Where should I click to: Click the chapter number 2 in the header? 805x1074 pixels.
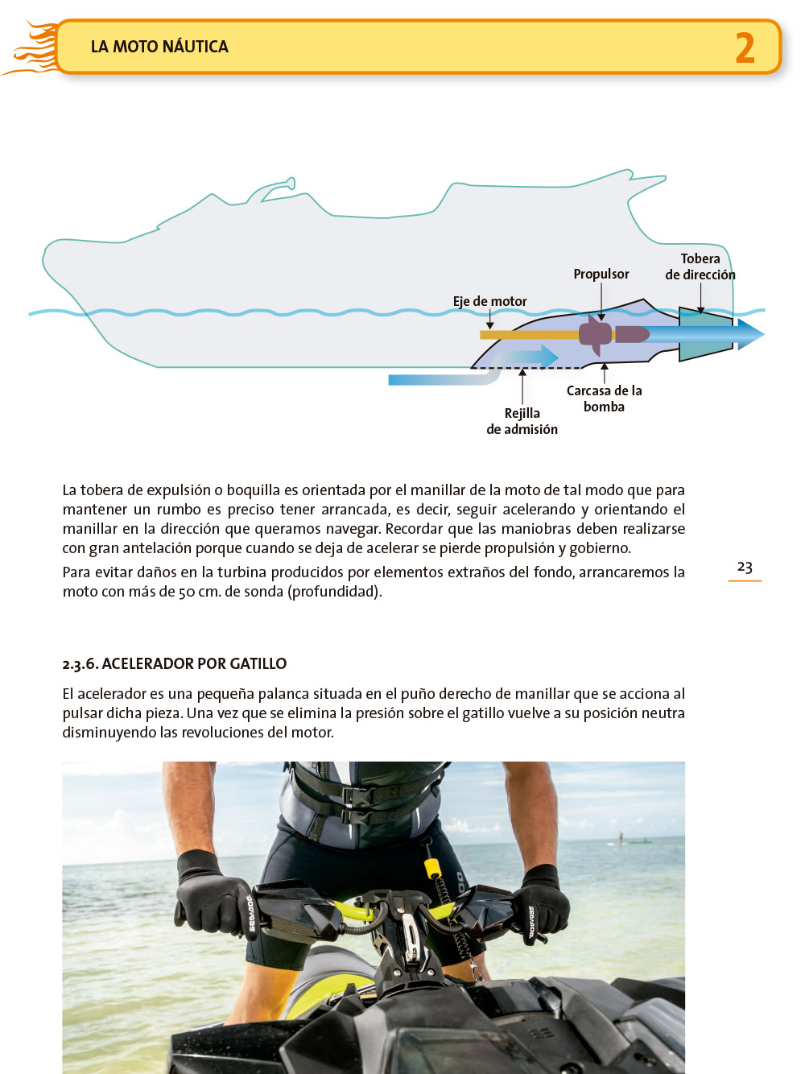(745, 48)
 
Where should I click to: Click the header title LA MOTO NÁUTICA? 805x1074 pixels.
(159, 47)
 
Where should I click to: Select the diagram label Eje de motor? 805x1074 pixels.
(489, 301)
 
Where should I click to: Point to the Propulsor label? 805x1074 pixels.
(601, 274)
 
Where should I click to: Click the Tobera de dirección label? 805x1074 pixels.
(700, 266)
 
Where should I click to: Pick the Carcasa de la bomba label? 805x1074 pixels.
(604, 399)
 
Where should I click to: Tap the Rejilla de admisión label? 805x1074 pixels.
(522, 421)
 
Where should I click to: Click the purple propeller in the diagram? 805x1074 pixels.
(597, 334)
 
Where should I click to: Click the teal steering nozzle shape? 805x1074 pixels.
(705, 333)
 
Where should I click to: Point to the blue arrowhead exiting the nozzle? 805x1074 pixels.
(750, 334)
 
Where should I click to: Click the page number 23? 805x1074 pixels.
(745, 567)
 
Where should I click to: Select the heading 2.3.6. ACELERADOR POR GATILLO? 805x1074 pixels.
(175, 663)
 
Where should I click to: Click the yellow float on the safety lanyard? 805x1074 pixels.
(432, 868)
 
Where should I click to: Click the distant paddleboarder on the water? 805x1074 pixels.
(621, 836)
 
